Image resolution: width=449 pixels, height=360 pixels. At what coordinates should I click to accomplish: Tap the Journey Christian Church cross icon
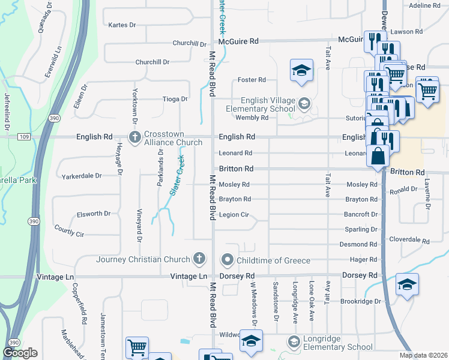(x=199, y=259)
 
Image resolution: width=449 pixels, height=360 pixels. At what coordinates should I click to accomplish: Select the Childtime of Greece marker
(x=227, y=260)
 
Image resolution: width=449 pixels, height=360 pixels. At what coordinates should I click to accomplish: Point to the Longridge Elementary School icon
(x=294, y=342)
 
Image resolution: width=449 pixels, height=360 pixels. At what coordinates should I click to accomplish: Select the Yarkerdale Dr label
(x=82, y=176)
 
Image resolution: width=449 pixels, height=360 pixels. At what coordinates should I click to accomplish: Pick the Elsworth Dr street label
(x=94, y=214)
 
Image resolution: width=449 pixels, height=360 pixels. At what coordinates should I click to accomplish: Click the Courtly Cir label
(x=69, y=231)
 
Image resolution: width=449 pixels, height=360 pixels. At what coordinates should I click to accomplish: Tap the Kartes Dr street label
(x=122, y=25)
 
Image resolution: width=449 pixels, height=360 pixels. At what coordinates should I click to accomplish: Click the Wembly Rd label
(x=252, y=118)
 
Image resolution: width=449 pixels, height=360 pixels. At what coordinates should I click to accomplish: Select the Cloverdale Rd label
(x=409, y=241)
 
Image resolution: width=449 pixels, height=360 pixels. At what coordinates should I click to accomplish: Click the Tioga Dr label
(x=175, y=99)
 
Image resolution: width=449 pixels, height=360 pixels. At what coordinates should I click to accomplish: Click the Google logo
(x=20, y=353)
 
